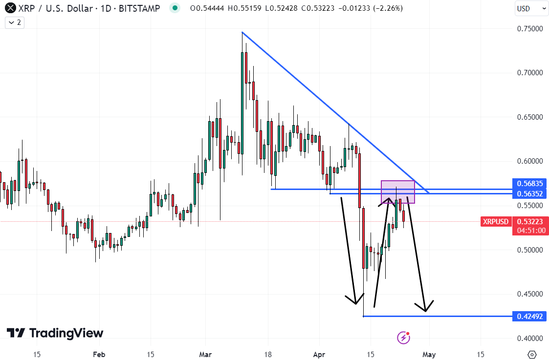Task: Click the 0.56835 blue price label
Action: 529,184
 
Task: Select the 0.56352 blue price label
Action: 529,194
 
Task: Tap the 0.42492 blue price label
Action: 529,316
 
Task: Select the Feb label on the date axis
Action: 99,354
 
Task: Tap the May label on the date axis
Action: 429,354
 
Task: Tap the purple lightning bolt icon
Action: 403,337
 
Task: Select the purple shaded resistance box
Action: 398,192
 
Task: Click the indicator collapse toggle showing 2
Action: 15,22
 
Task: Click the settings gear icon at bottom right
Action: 532,354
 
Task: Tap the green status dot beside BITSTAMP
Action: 174,8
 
